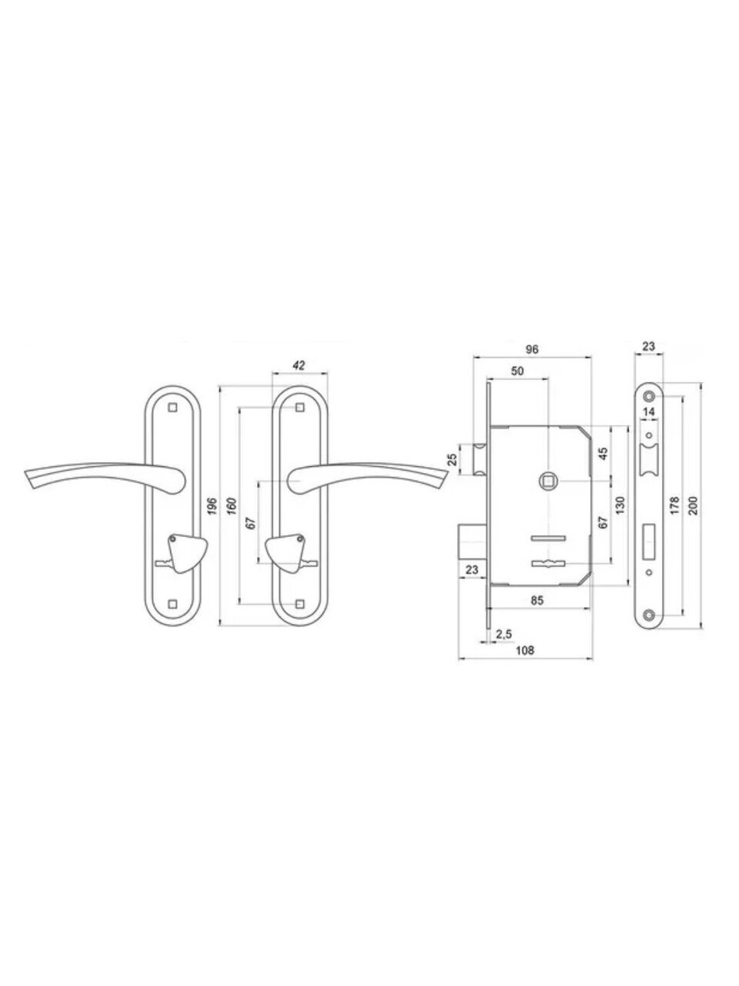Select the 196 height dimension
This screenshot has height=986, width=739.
point(213,506)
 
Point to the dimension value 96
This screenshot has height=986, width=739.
point(531,349)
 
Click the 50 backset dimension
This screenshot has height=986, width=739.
point(517,371)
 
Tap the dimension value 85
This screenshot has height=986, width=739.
point(537,599)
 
